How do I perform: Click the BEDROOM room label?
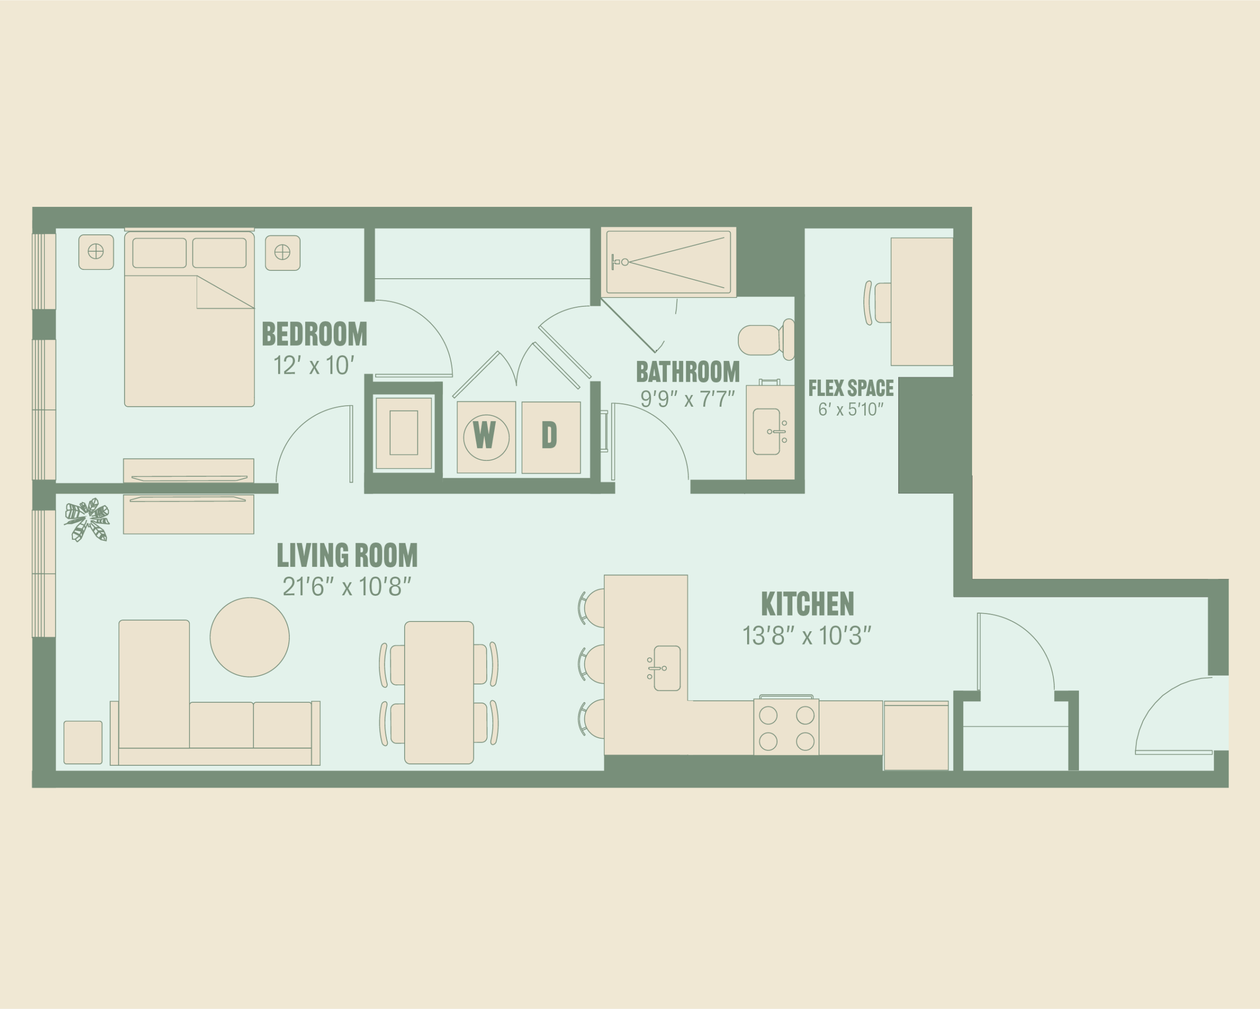point(315,334)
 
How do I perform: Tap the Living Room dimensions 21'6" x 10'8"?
point(347,587)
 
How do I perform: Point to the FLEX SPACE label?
point(851,388)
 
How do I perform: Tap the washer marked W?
point(486,437)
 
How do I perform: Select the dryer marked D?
point(551,437)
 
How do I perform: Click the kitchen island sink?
point(666,668)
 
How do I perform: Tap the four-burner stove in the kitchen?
point(786,727)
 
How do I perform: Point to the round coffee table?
point(250,637)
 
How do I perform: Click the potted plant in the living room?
point(87,520)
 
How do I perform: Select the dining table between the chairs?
point(439,693)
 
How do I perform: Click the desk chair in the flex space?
point(877,303)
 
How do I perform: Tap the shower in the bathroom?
point(668,262)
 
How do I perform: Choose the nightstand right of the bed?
point(283,253)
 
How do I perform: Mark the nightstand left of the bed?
point(96,252)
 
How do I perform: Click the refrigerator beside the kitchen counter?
point(916,735)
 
